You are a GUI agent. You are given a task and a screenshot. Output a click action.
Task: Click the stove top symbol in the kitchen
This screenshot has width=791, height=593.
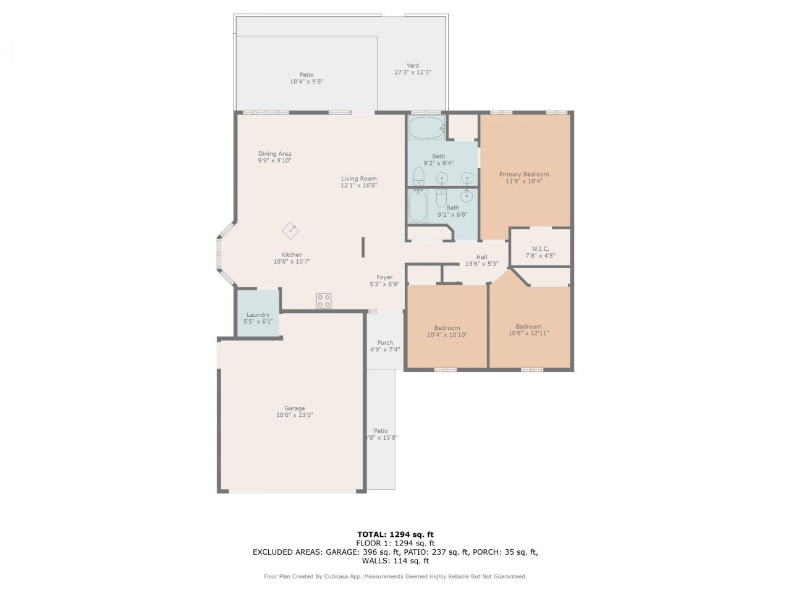pos(323,301)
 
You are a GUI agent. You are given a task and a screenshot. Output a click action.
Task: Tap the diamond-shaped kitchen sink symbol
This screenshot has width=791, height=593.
pos(290,230)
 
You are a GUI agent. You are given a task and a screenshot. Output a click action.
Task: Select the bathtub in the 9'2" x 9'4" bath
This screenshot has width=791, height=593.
pos(426,128)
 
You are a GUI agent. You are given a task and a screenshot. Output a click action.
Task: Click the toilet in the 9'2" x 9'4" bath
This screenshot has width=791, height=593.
pos(418,176)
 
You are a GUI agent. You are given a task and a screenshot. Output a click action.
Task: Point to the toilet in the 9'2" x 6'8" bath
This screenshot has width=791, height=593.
pos(441,198)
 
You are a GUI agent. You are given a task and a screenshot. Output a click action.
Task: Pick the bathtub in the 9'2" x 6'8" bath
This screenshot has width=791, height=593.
pos(418,206)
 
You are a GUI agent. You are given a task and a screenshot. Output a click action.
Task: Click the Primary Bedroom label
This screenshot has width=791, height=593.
pos(523,174)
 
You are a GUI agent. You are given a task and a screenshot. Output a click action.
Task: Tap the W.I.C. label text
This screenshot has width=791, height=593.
pos(540,249)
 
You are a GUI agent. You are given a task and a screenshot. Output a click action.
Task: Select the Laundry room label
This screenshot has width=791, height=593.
pos(258,314)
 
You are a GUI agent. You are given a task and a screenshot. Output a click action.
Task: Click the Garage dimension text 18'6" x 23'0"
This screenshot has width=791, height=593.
pos(294,414)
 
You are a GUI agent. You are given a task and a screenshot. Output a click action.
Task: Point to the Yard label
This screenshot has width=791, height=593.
pos(412,65)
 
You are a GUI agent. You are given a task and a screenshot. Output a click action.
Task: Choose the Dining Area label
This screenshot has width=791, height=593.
pos(274,154)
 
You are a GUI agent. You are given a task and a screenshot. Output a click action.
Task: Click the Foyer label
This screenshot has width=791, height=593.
pos(384,277)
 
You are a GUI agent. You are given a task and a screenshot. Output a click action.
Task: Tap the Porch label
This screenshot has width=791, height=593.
pos(385,342)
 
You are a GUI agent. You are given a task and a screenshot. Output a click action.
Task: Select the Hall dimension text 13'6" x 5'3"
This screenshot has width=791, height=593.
pos(481,264)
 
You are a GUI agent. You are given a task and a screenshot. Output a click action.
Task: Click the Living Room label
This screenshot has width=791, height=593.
pos(359,179)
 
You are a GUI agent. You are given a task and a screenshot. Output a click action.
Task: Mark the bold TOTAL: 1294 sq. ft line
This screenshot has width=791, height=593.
pos(395,534)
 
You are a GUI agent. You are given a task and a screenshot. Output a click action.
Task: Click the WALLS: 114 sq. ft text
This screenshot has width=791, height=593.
pos(395,561)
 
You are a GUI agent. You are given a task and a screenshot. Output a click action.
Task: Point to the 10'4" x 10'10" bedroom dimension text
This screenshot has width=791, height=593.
pos(447,334)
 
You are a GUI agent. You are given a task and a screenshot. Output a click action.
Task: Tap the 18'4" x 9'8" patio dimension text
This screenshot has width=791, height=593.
pos(307,82)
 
